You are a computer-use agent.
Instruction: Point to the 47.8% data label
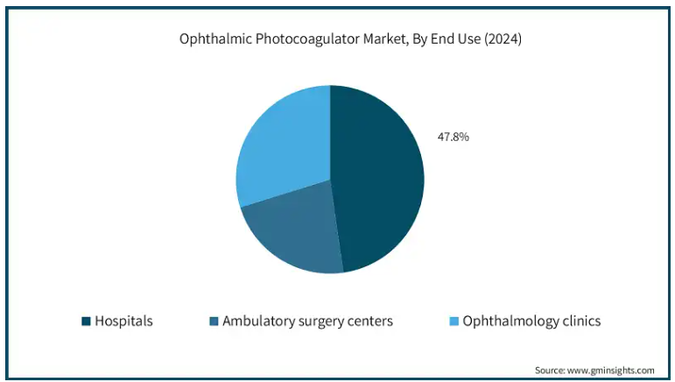[453, 137]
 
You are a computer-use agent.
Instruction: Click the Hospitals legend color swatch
[86, 322]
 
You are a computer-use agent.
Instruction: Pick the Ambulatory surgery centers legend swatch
[214, 322]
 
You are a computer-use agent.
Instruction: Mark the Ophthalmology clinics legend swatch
[453, 322]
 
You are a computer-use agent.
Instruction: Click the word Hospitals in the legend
[123, 322]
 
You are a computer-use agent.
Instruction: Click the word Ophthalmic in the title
[207, 39]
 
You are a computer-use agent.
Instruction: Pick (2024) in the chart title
[503, 39]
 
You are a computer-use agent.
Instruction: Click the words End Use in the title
[454, 39]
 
